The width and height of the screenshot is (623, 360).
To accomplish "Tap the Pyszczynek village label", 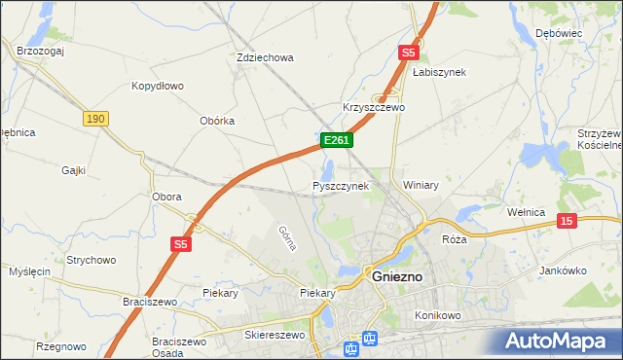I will [340, 185].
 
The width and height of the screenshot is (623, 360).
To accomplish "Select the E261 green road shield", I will [336, 141].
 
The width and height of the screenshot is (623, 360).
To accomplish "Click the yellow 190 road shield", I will [94, 119].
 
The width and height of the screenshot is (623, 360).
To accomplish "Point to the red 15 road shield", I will [567, 222].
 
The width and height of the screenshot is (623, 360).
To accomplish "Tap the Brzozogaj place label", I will [40, 51].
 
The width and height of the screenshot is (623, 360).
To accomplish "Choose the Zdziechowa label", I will [265, 57].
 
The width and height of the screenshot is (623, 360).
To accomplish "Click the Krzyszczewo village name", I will [373, 107].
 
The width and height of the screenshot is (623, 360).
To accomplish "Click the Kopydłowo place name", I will [158, 86].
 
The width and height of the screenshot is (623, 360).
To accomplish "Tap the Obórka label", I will [217, 121].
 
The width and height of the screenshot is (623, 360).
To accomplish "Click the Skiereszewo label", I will [274, 335].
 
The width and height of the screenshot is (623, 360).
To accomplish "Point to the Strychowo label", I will [92, 260].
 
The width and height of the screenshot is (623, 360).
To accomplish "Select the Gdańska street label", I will [286, 237].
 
